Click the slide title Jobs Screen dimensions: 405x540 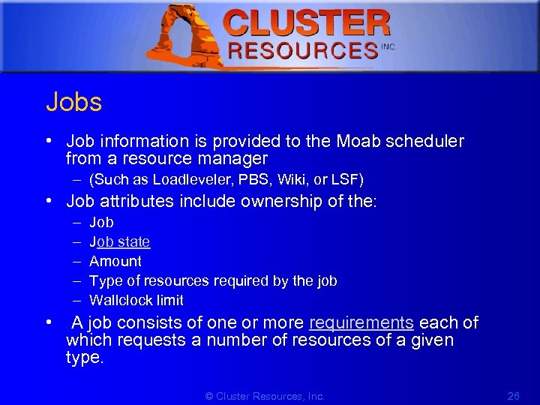pyautogui.click(x=73, y=102)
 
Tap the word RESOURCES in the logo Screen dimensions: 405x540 pyautogui.click(x=302, y=51)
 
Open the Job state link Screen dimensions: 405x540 pyautogui.click(x=119, y=241)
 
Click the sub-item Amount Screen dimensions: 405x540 pyautogui.click(x=115, y=261)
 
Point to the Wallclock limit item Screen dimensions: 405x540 pyautogui.click(x=136, y=300)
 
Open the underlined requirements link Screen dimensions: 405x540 pyautogui.click(x=361, y=323)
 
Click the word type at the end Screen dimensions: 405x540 pyautogui.click(x=83, y=358)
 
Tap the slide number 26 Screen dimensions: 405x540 pyautogui.click(x=514, y=396)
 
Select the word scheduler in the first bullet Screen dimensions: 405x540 pyautogui.click(x=426, y=141)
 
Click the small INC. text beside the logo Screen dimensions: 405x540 pyautogui.click(x=388, y=46)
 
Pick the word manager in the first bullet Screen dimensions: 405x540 pyautogui.click(x=232, y=159)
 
